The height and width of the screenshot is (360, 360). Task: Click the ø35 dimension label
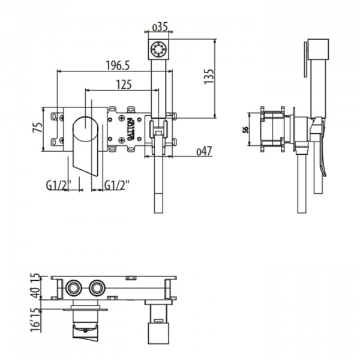pyautogui.click(x=159, y=26)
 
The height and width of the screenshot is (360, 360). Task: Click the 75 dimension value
pyautogui.click(x=38, y=127)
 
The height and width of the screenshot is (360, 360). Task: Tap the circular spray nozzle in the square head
pyautogui.click(x=159, y=47)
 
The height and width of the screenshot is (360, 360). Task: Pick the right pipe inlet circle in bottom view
pyautogui.click(x=95, y=288)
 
